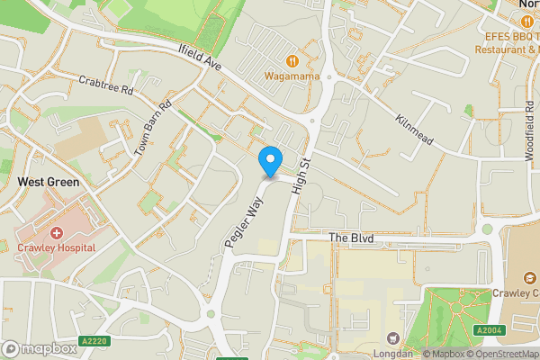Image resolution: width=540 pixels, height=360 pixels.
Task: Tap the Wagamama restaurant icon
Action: coord(292,60)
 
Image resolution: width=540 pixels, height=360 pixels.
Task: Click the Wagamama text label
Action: coord(292,76)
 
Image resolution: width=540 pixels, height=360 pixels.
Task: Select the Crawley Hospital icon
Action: coord(56,232)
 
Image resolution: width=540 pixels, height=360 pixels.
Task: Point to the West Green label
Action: coord(49,182)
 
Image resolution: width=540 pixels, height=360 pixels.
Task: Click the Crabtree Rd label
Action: coord(105,85)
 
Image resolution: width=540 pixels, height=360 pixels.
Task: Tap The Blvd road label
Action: coord(350,238)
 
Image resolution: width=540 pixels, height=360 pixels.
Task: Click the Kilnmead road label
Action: coord(414,131)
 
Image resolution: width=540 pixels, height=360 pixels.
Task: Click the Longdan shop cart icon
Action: coord(392,337)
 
